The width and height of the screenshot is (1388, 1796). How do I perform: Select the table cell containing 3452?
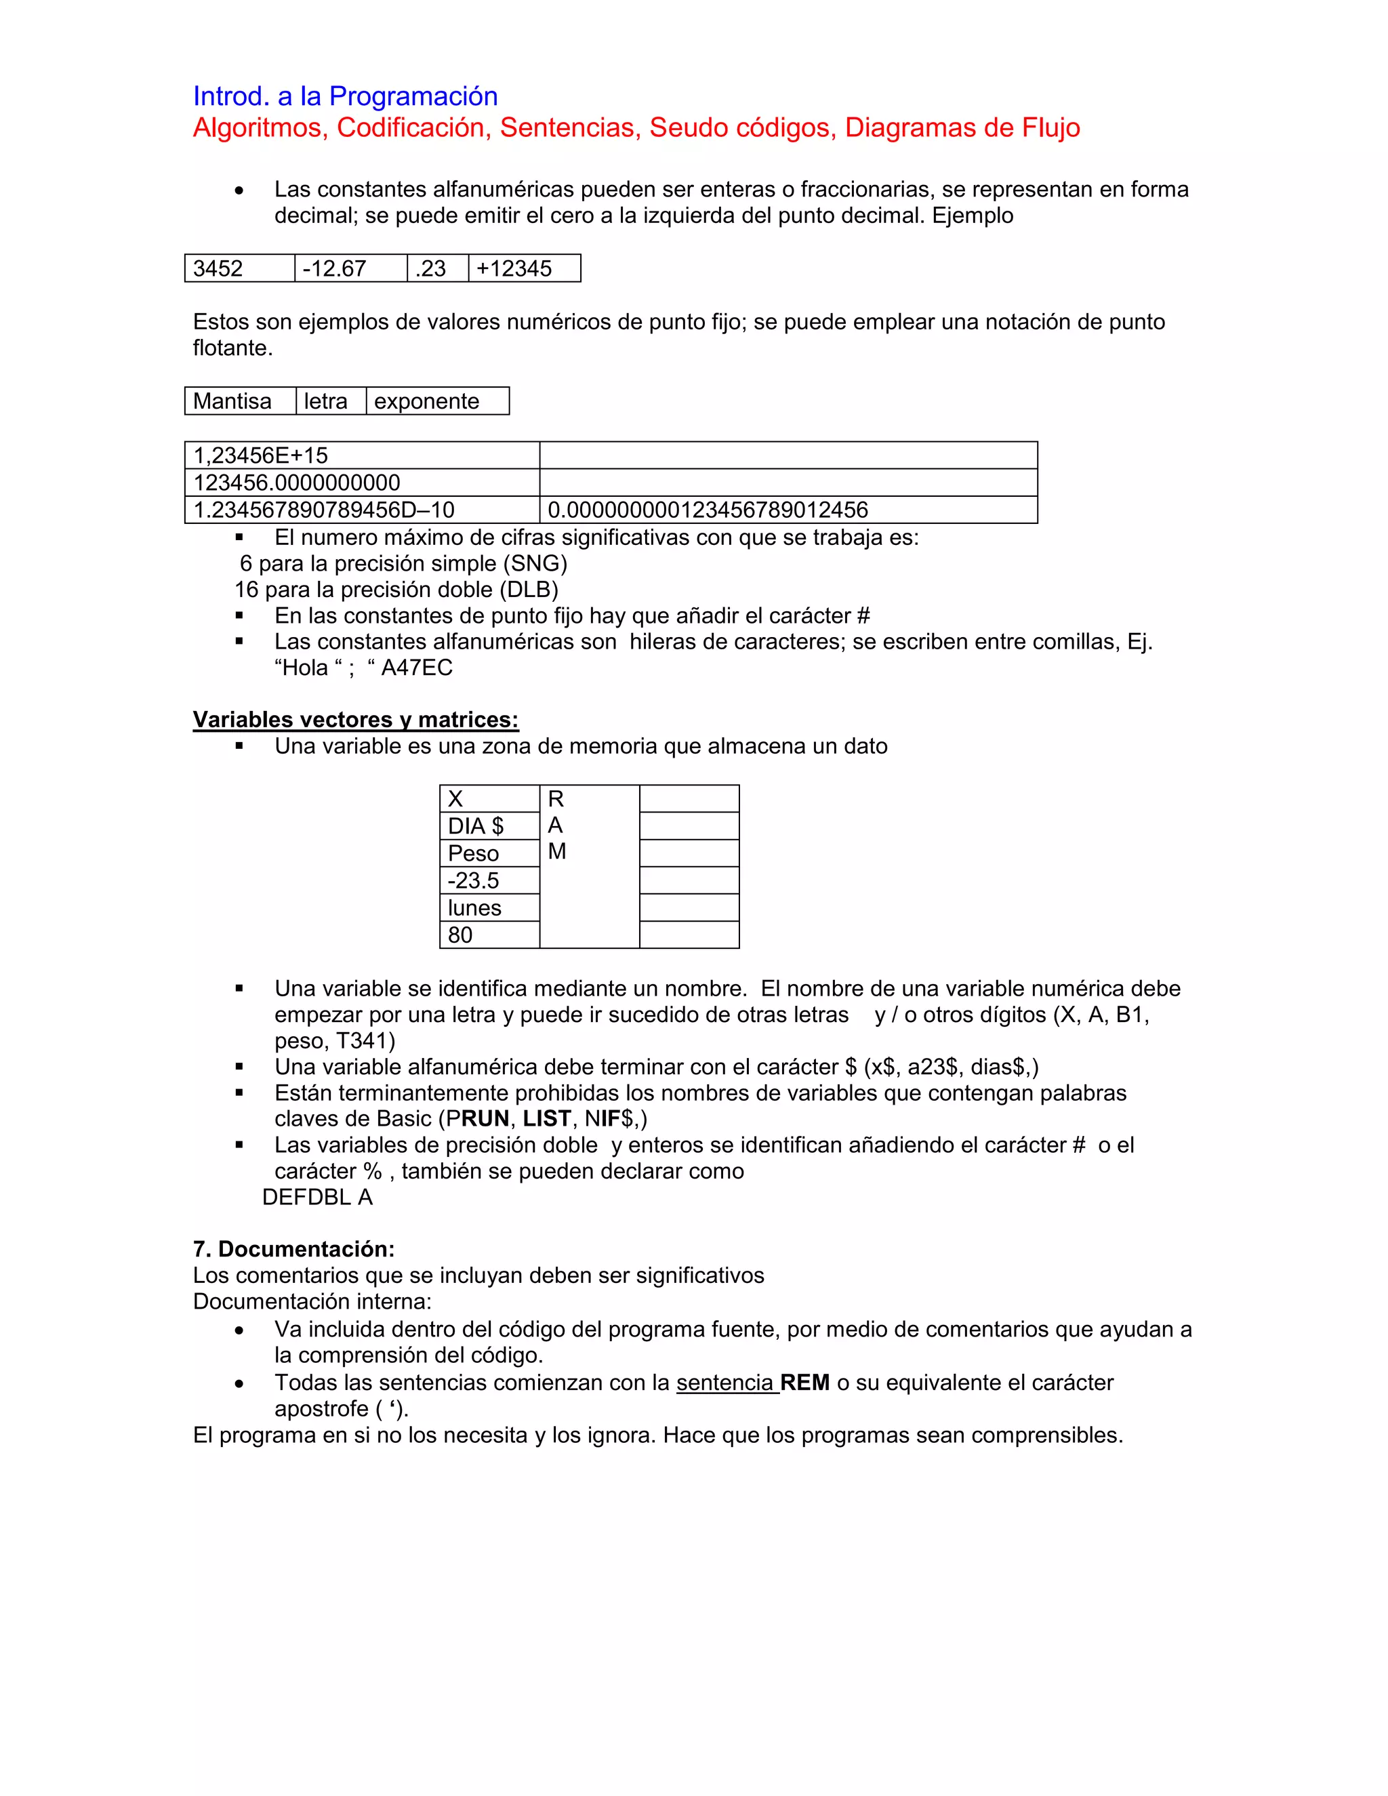[239, 268]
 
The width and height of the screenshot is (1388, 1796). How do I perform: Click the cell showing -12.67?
[350, 268]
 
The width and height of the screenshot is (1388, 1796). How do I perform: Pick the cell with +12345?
[524, 268]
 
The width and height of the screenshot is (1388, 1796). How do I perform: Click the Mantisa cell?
[239, 401]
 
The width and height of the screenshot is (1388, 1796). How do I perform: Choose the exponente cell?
[436, 401]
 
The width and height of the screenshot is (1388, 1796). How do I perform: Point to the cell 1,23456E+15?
[362, 455]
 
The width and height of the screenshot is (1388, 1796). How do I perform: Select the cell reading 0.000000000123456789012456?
[788, 510]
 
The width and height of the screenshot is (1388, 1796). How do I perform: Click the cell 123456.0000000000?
[362, 483]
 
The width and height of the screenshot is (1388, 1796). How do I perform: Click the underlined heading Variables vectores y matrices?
[355, 720]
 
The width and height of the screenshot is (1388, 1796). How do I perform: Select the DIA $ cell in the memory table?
[489, 825]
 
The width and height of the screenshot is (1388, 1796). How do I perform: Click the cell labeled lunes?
[489, 908]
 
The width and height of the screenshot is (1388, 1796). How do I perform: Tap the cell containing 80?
[489, 935]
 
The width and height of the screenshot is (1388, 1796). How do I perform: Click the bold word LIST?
[546, 1118]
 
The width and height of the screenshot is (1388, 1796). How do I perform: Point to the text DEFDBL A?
[317, 1198]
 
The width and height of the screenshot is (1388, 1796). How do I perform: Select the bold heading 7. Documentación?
[293, 1249]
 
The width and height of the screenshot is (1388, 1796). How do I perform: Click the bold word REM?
[804, 1383]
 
